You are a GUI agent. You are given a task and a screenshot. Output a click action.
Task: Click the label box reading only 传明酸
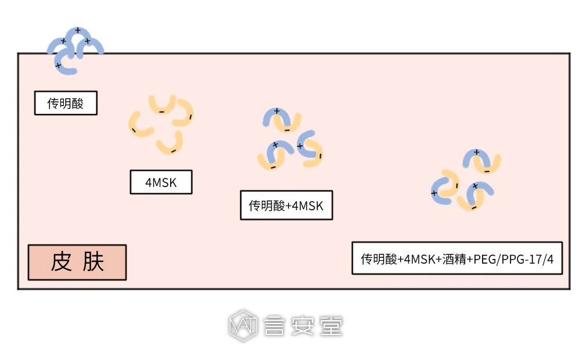(66, 103)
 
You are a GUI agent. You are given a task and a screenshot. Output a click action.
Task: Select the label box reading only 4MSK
(161, 182)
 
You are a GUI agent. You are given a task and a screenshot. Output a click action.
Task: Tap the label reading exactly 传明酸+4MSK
(286, 206)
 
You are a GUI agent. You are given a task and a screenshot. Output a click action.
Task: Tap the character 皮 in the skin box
(62, 262)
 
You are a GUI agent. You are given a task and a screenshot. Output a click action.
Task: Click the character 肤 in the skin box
(93, 262)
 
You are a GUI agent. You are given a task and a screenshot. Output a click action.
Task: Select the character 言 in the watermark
(272, 326)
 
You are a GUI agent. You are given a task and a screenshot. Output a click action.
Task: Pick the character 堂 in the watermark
(332, 326)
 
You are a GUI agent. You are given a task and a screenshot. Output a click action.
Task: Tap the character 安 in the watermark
(302, 326)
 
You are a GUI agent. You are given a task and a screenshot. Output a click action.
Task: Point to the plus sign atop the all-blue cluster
(78, 30)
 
